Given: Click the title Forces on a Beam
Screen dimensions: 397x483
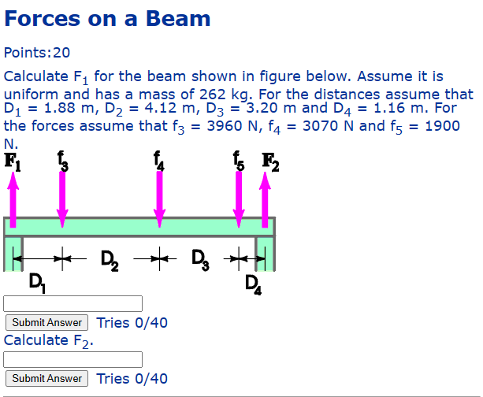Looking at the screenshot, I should [107, 19].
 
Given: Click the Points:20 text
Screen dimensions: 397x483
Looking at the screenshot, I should [37, 53].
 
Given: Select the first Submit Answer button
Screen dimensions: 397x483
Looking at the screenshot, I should [47, 322].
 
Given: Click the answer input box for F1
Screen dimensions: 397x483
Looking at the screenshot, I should [73, 303].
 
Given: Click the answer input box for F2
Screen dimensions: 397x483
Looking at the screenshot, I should [73, 359].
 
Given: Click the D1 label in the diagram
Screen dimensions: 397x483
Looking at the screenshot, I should [35, 281].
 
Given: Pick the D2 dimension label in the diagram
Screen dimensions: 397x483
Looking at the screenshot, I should [110, 258].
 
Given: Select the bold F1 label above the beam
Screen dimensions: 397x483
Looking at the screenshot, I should [13, 161].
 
